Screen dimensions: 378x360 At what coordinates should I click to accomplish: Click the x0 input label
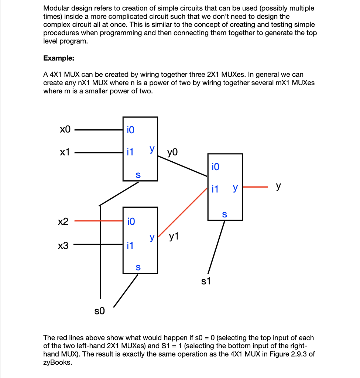pos(65,130)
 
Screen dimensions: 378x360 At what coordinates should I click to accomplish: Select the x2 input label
pos(64,221)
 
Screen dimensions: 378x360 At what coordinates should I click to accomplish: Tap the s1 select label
pos(206,282)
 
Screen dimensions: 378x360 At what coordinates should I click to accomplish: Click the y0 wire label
pos(172,152)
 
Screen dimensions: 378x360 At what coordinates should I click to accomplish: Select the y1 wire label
pos(174,236)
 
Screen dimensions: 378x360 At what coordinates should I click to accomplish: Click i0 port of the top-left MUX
pos(130,130)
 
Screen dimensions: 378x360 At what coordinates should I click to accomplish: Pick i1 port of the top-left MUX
pos(130,152)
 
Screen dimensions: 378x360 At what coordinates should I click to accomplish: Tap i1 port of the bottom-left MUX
pos(130,245)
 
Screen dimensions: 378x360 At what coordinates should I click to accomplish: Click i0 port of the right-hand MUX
pos(216,167)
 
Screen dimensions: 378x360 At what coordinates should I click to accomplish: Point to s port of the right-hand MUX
pos(224,214)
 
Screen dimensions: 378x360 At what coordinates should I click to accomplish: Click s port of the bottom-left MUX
pos(138,267)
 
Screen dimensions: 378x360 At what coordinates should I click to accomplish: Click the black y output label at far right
pos(279,187)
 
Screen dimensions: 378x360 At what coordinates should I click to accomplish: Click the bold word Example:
pos(59,58)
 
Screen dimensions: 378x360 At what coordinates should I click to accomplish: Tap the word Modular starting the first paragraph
pos(56,8)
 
